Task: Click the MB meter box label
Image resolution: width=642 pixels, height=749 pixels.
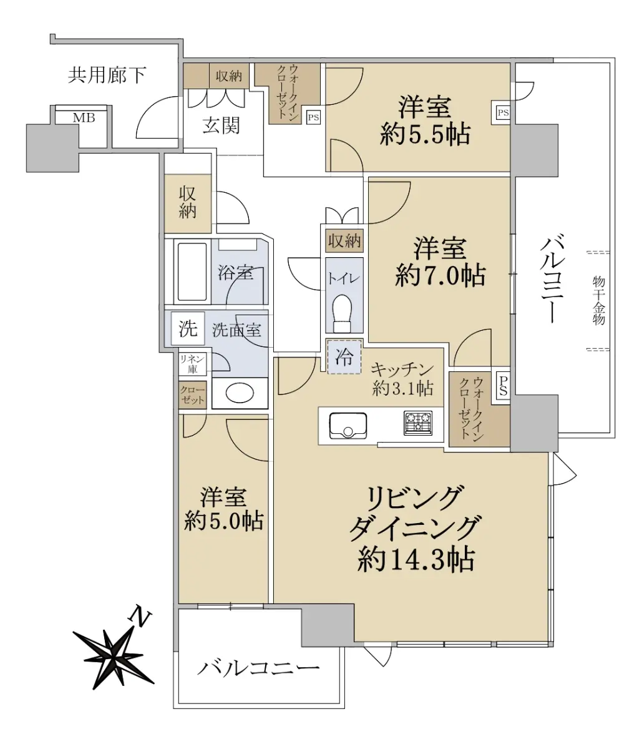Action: click(x=84, y=118)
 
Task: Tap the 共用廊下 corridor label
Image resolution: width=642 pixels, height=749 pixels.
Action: click(x=107, y=75)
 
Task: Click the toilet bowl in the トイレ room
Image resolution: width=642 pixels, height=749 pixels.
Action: click(x=342, y=313)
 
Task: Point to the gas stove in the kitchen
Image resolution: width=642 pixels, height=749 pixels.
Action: click(x=418, y=423)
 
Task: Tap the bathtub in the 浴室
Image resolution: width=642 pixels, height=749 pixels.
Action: click(x=192, y=272)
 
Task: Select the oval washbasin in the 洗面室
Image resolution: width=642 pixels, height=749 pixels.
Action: click(x=240, y=393)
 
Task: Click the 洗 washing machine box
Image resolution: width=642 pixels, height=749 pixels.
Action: click(x=188, y=328)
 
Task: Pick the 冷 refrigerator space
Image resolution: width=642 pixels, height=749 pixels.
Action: click(x=344, y=357)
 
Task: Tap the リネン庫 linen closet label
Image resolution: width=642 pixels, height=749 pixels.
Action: click(x=192, y=364)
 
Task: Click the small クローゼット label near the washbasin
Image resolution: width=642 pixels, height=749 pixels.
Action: click(x=192, y=395)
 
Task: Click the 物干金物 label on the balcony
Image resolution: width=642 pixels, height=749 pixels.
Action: click(x=599, y=301)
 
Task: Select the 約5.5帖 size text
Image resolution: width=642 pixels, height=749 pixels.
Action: click(x=425, y=134)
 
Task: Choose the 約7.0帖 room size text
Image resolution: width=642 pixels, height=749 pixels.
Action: click(x=440, y=275)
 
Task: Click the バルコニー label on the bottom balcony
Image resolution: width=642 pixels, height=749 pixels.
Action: click(x=259, y=668)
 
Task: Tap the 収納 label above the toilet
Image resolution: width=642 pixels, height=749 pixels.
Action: click(x=344, y=241)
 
